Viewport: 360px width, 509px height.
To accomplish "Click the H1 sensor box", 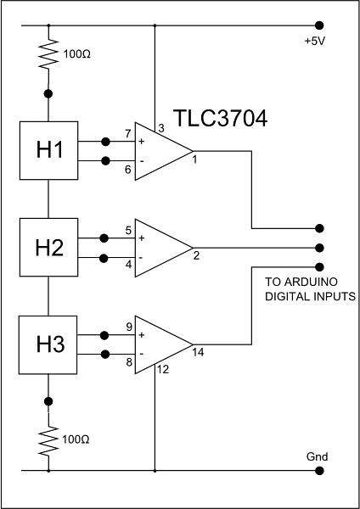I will point(48,149).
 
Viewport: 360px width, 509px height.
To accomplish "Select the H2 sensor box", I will point(48,248).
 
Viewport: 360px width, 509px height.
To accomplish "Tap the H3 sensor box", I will point(48,344).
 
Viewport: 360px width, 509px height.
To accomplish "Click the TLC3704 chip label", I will point(221,119).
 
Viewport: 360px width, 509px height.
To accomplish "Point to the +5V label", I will point(315,40).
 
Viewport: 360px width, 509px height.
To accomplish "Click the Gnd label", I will point(317,456).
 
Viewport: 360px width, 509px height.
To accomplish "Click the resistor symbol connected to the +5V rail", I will point(49,58).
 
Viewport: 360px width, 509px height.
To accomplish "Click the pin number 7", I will point(127,134).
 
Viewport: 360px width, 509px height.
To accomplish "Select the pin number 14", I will point(198,351).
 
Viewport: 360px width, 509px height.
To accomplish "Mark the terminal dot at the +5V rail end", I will point(318,25).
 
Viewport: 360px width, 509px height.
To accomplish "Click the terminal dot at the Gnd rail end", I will point(318,468).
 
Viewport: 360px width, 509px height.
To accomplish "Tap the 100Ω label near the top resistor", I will point(76,53).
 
